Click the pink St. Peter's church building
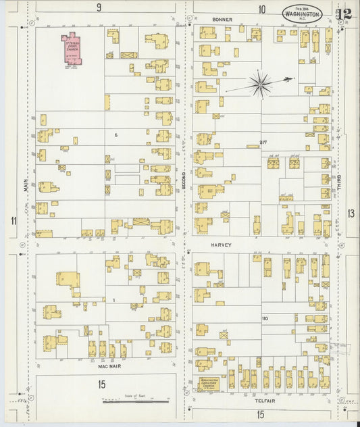tap(71, 49)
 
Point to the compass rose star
tap(260, 84)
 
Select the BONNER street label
tap(222, 20)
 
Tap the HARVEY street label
tap(221, 245)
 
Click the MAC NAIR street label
tap(109, 366)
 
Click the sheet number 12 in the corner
tap(344, 13)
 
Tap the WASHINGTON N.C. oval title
tap(302, 13)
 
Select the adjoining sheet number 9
tap(99, 8)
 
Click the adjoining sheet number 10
tap(261, 9)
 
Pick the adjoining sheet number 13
tap(351, 214)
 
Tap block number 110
tap(265, 318)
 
